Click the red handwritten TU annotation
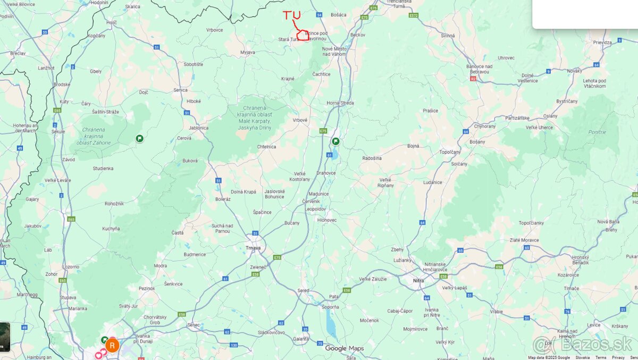[x=292, y=15]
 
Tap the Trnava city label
[x=253, y=248]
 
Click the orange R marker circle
[x=112, y=345]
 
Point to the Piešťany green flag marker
[x=335, y=141]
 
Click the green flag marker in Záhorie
[x=139, y=138]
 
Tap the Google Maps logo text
[x=345, y=348]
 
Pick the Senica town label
[x=180, y=90]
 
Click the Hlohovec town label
[x=327, y=220]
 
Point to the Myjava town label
[x=248, y=52]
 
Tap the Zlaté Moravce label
[x=524, y=240]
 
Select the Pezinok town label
[x=146, y=288]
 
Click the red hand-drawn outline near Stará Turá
[x=303, y=36]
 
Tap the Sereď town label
[x=304, y=290]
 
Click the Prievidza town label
[x=602, y=42]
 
